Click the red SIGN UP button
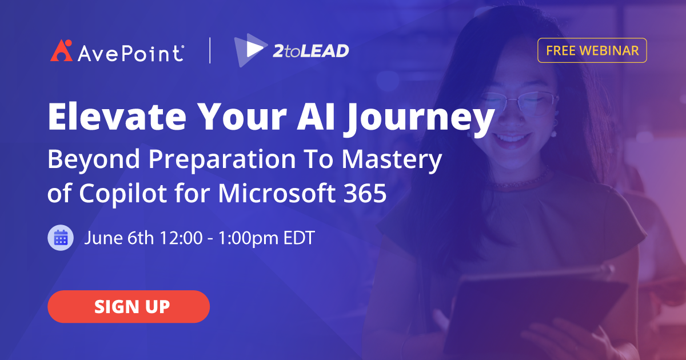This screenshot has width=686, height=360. tap(129, 307)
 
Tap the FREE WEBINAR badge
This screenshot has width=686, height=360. tap(592, 50)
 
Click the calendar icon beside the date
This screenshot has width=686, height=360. tap(61, 238)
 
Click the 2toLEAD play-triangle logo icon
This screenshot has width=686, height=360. tap(248, 50)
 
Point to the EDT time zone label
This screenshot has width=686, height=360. tap(299, 238)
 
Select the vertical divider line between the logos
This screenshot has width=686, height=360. tap(210, 50)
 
